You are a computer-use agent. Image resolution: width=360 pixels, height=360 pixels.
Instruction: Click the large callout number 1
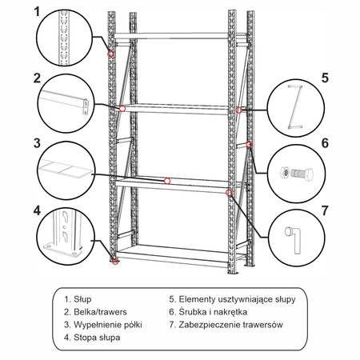click(37, 12)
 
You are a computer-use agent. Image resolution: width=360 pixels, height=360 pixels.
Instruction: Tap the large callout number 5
click(325, 78)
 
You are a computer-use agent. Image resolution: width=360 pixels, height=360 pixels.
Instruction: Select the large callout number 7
click(325, 210)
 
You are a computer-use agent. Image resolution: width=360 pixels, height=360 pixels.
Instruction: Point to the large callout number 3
click(37, 143)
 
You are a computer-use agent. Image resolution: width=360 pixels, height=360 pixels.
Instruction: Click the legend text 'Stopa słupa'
click(97, 338)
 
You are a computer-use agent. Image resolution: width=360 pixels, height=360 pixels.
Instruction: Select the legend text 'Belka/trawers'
click(100, 312)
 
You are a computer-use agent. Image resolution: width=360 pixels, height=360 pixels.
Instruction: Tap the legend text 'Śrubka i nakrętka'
click(213, 312)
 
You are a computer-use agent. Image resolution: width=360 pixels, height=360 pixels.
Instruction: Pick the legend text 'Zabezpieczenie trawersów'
click(230, 325)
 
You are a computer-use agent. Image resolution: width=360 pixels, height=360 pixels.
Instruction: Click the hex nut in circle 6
click(284, 173)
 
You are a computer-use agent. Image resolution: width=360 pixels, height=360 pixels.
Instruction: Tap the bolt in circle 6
click(302, 174)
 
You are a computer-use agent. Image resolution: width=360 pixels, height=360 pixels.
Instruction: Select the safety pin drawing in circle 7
click(294, 239)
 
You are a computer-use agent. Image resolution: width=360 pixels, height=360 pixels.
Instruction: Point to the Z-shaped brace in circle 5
click(294, 106)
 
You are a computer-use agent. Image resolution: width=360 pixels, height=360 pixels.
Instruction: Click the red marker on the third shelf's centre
click(167, 182)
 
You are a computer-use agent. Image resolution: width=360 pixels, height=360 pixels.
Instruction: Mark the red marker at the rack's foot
click(115, 262)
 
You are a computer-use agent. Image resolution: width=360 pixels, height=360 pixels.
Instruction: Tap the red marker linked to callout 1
click(111, 54)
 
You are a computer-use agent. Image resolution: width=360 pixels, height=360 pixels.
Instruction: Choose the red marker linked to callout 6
click(250, 144)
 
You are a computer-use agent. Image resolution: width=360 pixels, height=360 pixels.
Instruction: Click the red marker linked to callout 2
click(122, 109)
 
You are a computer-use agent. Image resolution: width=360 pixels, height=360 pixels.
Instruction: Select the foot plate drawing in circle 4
click(63, 250)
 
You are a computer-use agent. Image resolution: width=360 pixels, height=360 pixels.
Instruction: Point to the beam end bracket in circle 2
click(86, 107)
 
